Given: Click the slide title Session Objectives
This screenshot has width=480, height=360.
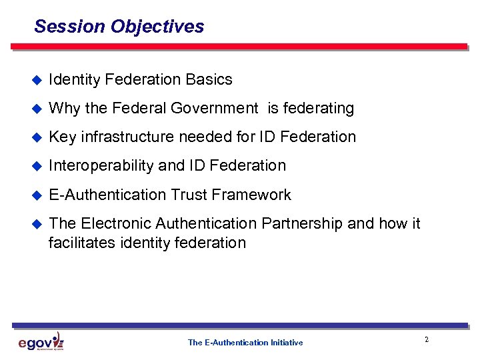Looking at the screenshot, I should pos(119,27).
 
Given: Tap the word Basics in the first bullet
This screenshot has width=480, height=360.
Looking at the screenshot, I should pos(209,80).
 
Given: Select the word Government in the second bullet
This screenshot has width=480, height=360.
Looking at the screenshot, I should pos(214,108).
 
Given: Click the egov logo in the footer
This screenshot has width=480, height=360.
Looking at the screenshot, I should pos(41,342).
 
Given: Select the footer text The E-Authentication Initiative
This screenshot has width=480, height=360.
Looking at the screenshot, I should pos(245,343).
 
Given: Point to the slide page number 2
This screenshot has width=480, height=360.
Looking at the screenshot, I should pos(426,340).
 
